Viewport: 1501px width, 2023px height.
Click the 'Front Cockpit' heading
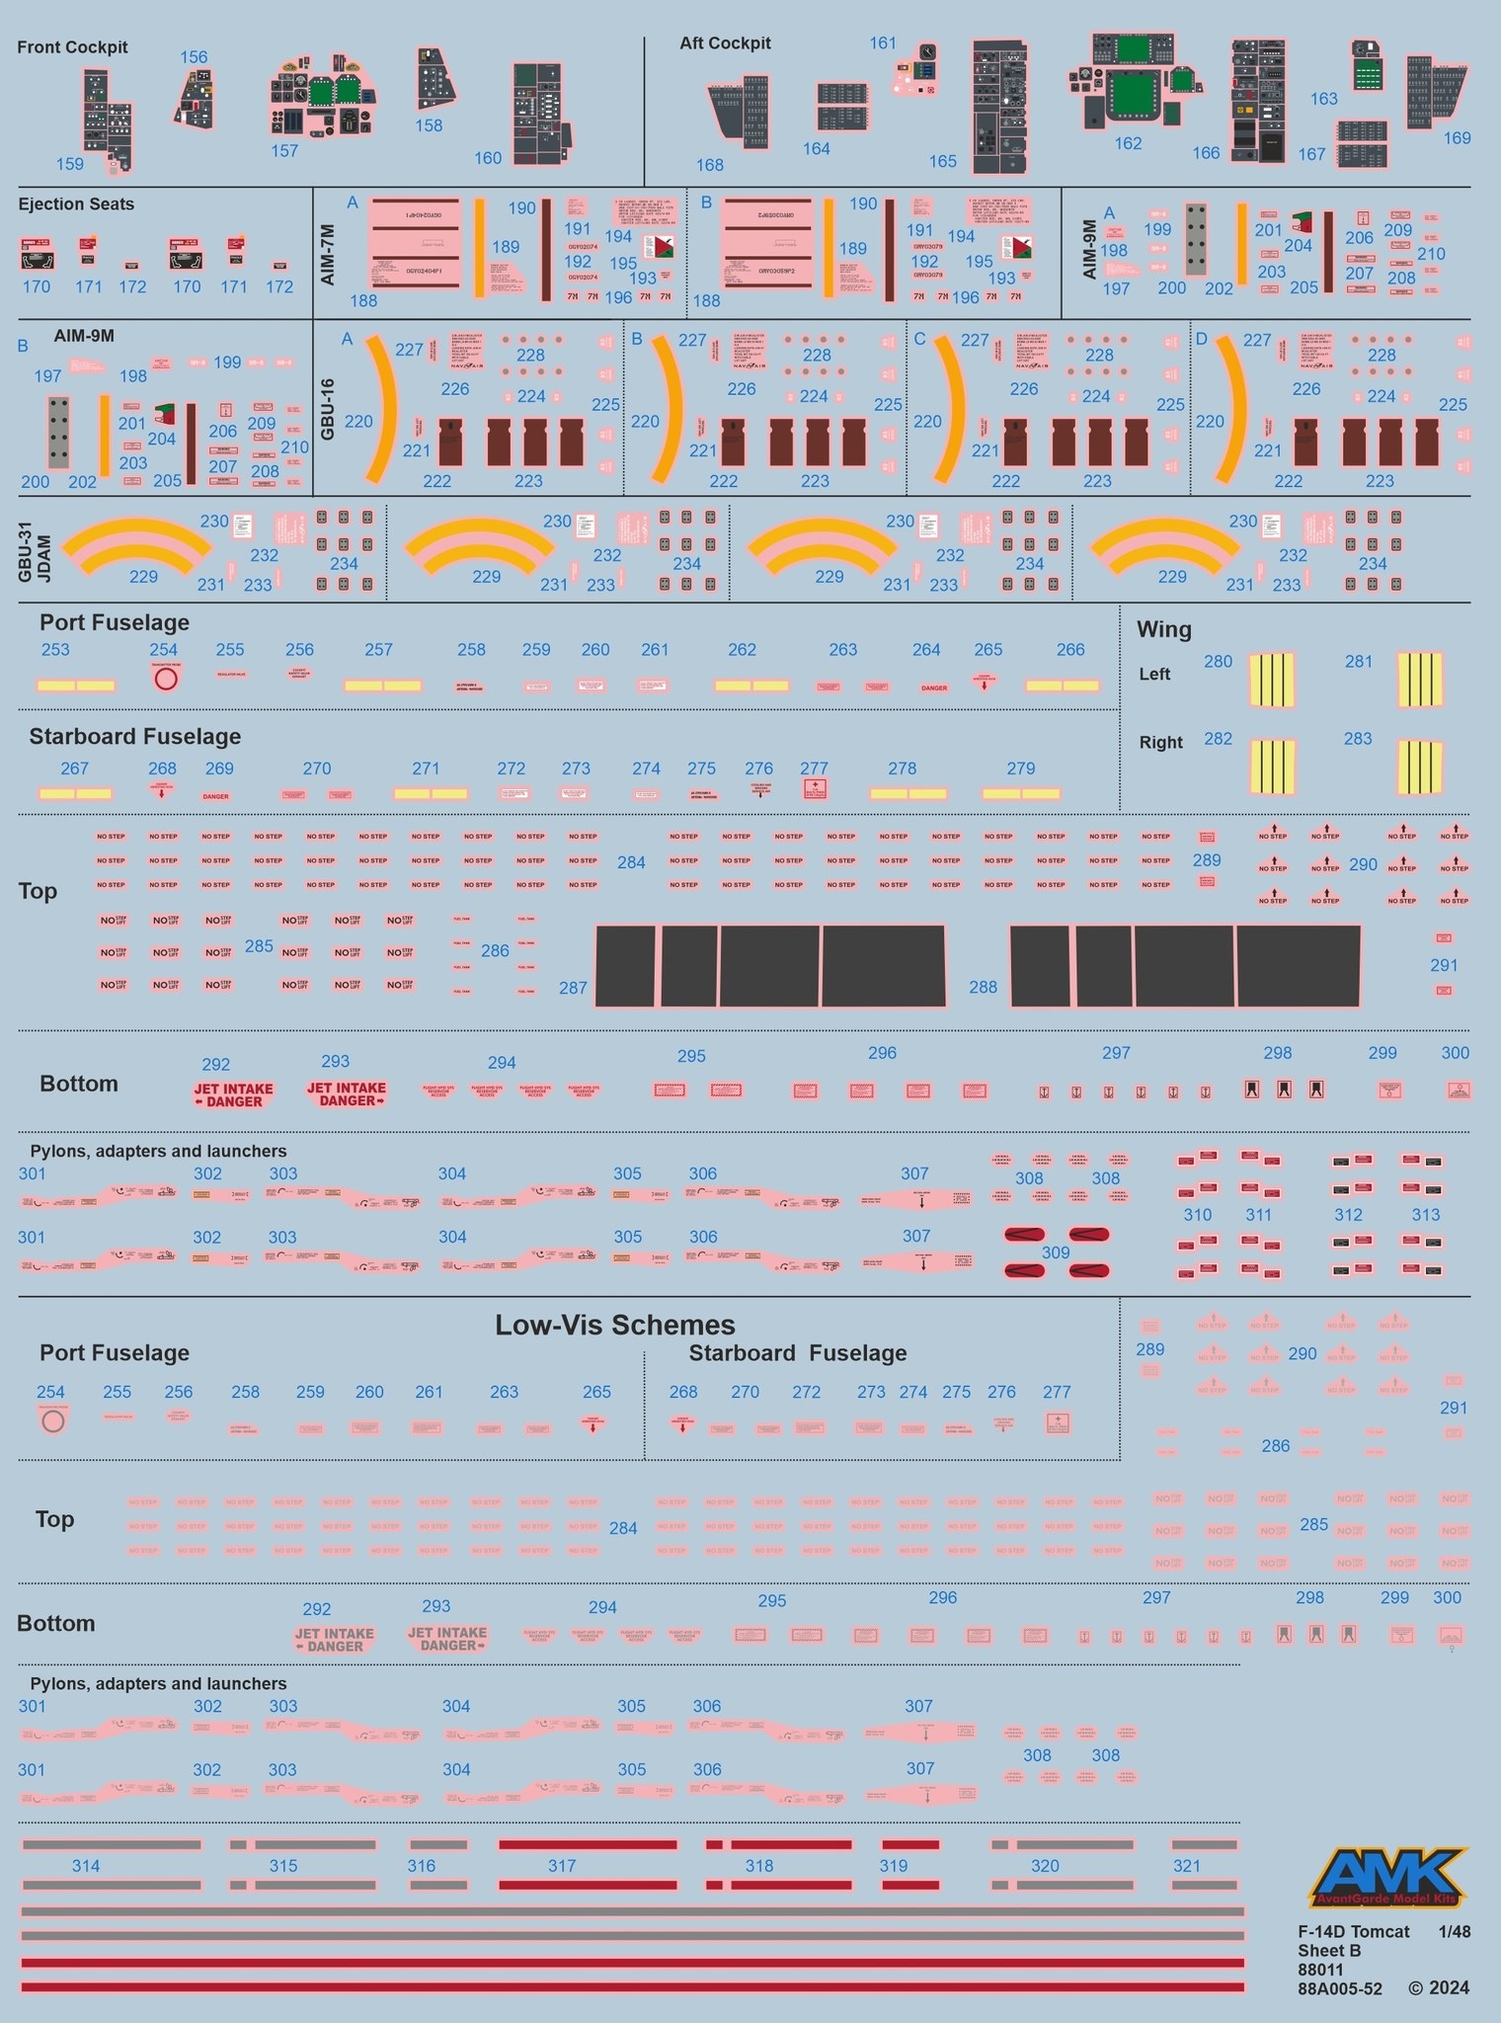72,47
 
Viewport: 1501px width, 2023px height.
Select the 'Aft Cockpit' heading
725,43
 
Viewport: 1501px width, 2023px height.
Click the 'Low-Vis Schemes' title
614,1325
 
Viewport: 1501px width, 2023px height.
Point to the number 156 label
194,57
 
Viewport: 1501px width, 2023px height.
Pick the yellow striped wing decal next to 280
1272,680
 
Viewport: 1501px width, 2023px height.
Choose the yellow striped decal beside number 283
1419,768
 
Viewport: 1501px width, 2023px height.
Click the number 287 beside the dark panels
573,987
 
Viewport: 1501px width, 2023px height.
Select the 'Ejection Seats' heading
76,204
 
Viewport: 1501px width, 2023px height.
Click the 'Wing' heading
1163,629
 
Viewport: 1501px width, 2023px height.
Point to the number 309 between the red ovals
1056,1253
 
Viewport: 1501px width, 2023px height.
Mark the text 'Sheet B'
1329,1951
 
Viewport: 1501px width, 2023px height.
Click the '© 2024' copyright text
1439,1988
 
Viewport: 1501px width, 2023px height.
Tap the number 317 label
562,1866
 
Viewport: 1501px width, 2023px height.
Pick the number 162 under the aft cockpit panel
1128,143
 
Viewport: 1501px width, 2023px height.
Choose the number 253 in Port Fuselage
55,649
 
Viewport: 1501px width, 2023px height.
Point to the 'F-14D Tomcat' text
1354,1931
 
